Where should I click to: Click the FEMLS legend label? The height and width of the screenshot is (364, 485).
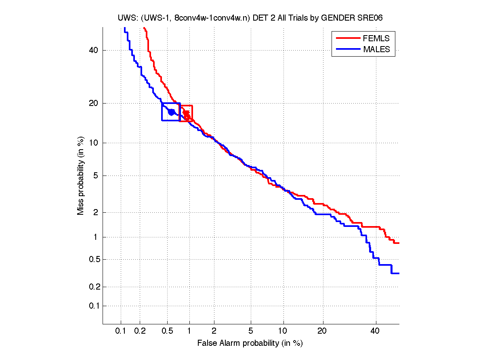pos(376,38)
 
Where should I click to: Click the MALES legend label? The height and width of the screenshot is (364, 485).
pos(376,49)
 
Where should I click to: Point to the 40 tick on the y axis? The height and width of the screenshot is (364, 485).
pos(94,51)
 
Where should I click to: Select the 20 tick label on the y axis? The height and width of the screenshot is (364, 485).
pos(94,103)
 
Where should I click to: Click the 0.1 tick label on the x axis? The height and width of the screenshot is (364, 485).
pos(121,331)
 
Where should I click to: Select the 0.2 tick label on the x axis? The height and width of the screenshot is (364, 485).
pos(140,331)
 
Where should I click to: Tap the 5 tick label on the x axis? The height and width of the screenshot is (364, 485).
pos(251,331)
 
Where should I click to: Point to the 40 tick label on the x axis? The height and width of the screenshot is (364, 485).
pos(376,331)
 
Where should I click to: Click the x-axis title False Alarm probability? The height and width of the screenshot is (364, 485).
pos(250,343)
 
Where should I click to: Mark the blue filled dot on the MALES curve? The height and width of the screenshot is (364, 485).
pos(172,112)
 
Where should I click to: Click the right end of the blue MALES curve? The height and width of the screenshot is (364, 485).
pos(399,273)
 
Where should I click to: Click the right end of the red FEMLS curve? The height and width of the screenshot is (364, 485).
pos(399,243)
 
